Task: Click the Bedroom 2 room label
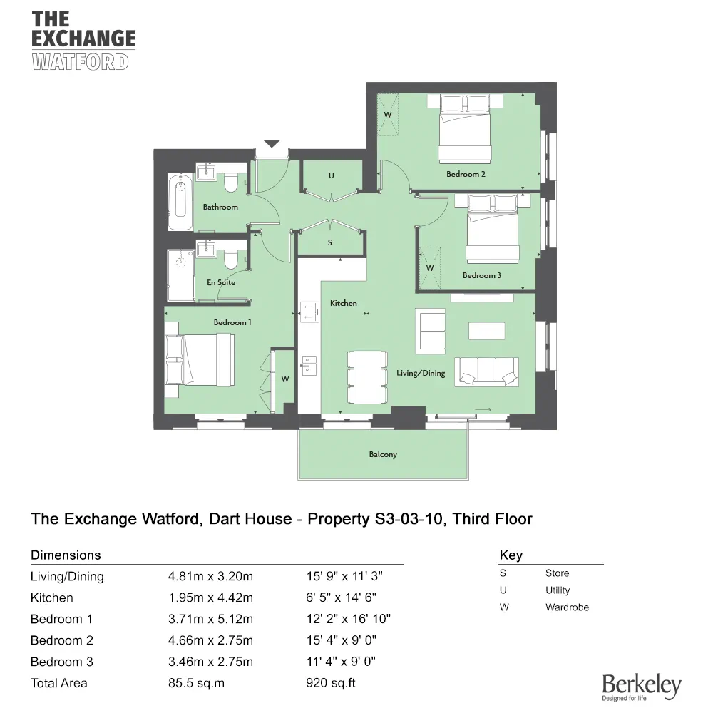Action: click(x=466, y=174)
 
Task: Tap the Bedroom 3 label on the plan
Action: click(x=482, y=275)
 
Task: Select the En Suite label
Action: click(x=221, y=282)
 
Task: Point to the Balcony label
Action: click(x=383, y=454)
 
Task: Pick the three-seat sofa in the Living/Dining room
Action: click(x=488, y=371)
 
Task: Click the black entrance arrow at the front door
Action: click(x=272, y=144)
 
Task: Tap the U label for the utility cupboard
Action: click(x=331, y=175)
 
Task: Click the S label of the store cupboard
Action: click(x=329, y=242)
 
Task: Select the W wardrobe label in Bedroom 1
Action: click(x=284, y=379)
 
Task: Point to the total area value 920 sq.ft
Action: click(x=330, y=683)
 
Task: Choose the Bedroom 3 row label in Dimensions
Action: click(x=62, y=662)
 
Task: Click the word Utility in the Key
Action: click(x=558, y=590)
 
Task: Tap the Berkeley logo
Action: click(x=642, y=687)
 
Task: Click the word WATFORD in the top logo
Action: click(x=81, y=61)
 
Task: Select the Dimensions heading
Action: click(x=66, y=555)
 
